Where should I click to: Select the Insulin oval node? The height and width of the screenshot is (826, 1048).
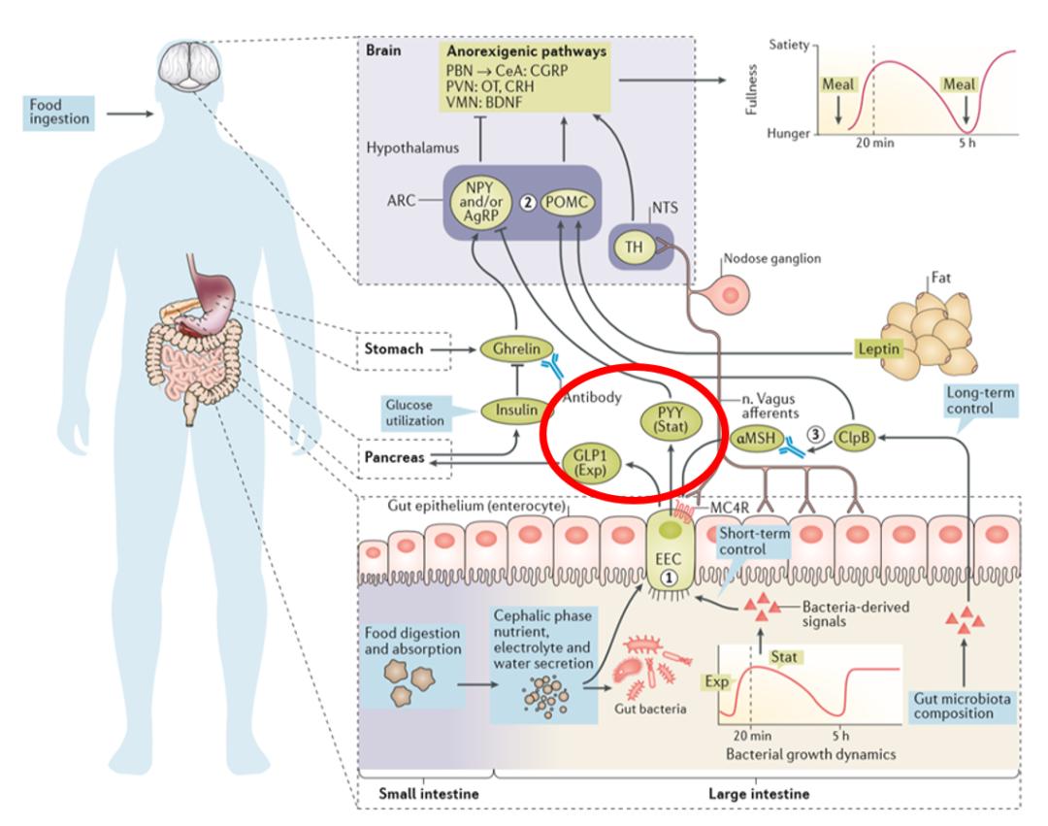tap(510, 411)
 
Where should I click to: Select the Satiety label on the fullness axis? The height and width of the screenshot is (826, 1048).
tap(790, 45)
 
